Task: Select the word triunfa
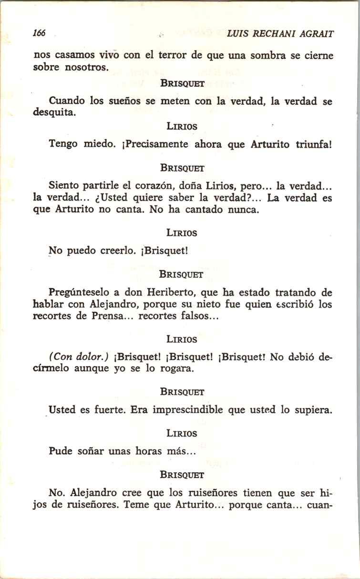coord(312,144)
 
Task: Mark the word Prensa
coord(110,316)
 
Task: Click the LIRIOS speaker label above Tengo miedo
coord(182,127)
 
